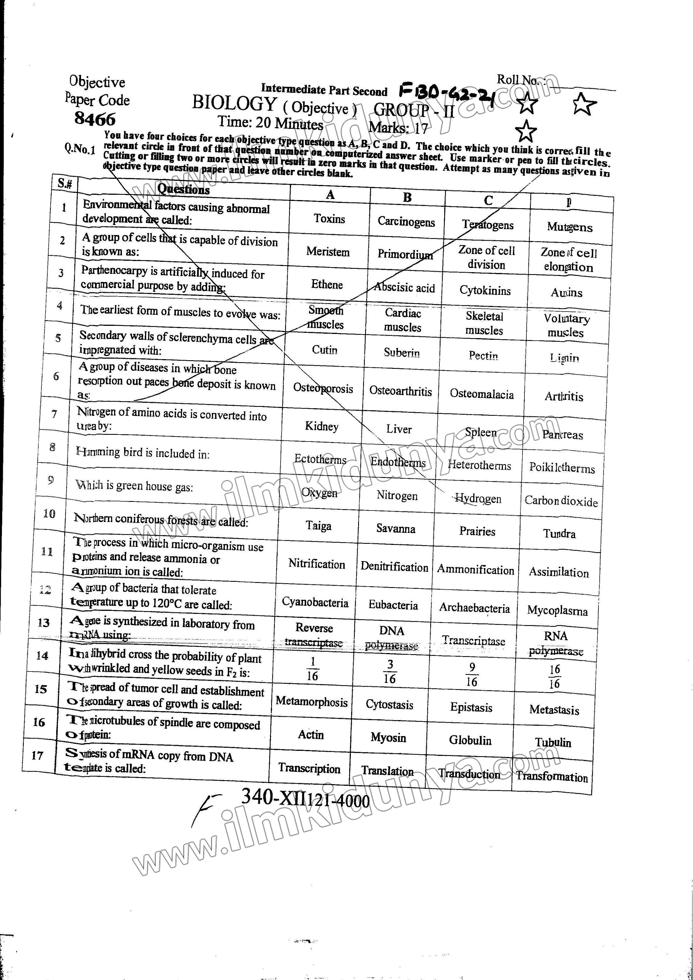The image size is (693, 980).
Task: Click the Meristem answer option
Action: click(x=328, y=252)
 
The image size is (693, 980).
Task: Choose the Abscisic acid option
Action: click(x=404, y=288)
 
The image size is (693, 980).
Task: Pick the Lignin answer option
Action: click(x=564, y=358)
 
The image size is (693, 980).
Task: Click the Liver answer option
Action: click(x=399, y=429)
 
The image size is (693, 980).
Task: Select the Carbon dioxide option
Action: click(x=561, y=501)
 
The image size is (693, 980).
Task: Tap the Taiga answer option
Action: click(x=318, y=525)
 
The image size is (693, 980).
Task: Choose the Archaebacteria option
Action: click(x=474, y=608)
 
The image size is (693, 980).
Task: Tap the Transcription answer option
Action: click(x=309, y=769)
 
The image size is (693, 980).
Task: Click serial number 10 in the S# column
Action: click(x=49, y=514)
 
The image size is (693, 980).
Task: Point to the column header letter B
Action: click(x=407, y=197)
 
